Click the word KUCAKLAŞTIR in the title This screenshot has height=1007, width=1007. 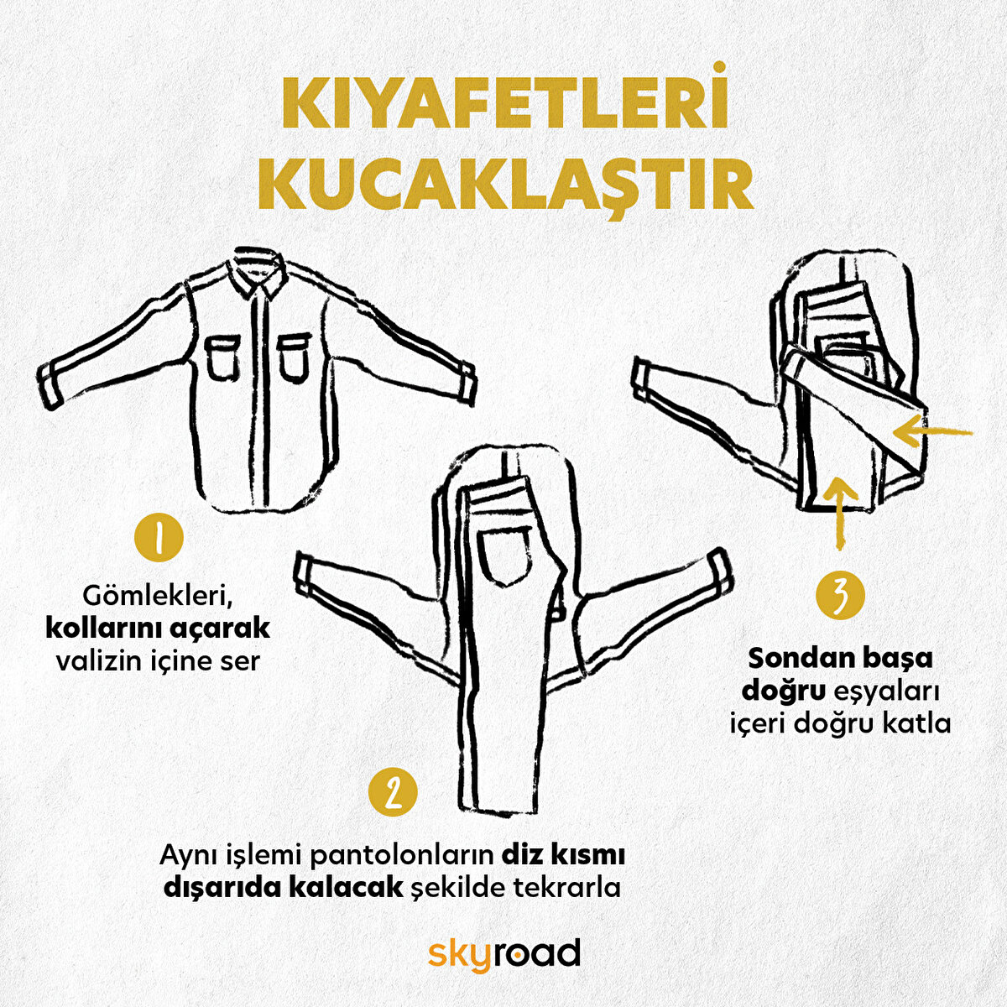pyautogui.click(x=503, y=186)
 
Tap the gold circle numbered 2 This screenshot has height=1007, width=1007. pyautogui.click(x=392, y=792)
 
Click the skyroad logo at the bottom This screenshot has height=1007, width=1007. pyautogui.click(x=503, y=954)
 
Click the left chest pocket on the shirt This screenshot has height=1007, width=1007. pyautogui.click(x=222, y=357)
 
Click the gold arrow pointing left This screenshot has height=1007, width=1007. pyautogui.click(x=931, y=433)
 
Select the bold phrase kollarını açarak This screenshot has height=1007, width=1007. pyautogui.click(x=158, y=628)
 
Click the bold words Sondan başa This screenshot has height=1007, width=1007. pyautogui.click(x=840, y=657)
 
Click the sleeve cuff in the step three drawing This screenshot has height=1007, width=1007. pyautogui.click(x=643, y=379)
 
